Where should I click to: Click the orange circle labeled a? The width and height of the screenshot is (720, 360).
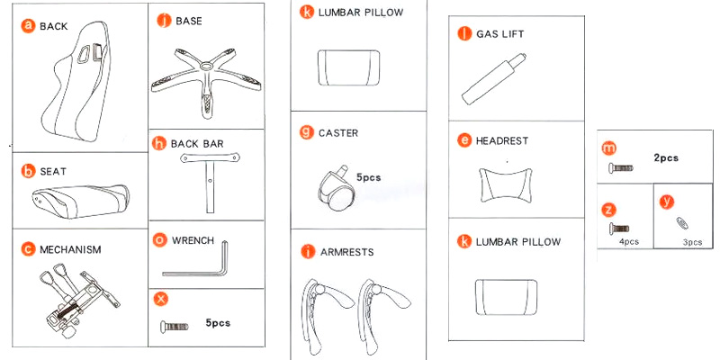pos(28,26)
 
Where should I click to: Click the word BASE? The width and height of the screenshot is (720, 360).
pos(189,20)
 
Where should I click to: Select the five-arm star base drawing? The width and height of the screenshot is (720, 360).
pos(205,81)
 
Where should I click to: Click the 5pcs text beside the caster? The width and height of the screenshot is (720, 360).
pos(369,177)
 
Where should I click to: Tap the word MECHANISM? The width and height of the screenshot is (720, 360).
pos(69,248)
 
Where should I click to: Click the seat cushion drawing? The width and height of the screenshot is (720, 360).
pos(77,198)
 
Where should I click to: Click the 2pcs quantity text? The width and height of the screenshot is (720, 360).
pos(666,157)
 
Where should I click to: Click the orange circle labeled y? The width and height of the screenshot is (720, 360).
pos(666,200)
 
